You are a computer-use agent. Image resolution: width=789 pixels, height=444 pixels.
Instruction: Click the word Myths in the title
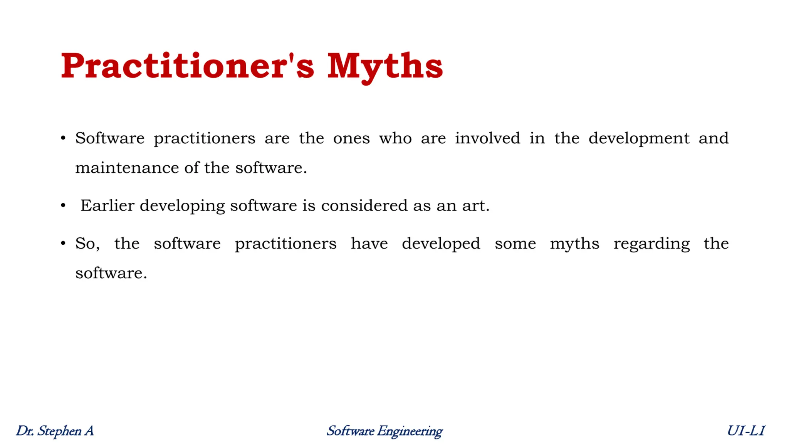[385, 66]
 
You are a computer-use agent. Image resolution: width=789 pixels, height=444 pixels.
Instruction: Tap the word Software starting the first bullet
[110, 138]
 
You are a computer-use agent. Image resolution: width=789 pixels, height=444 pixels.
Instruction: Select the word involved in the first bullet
[487, 138]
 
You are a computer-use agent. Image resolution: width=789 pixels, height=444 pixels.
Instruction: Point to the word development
[639, 139]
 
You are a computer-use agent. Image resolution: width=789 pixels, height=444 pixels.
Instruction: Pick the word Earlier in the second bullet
[107, 205]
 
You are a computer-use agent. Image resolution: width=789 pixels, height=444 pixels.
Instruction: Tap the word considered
[364, 205]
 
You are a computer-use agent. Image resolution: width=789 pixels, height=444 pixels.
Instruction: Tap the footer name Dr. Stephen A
[55, 431]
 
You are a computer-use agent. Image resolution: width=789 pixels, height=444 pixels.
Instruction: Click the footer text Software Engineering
[384, 431]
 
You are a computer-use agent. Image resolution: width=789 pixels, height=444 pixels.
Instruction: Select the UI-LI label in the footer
[746, 431]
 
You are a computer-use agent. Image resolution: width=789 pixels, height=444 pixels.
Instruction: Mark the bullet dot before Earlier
[63, 206]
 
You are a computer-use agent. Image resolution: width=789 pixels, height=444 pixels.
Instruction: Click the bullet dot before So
[63, 244]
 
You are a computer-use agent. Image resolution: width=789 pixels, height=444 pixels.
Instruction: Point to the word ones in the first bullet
[351, 138]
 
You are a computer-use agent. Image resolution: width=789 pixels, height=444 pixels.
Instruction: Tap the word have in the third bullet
[369, 244]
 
